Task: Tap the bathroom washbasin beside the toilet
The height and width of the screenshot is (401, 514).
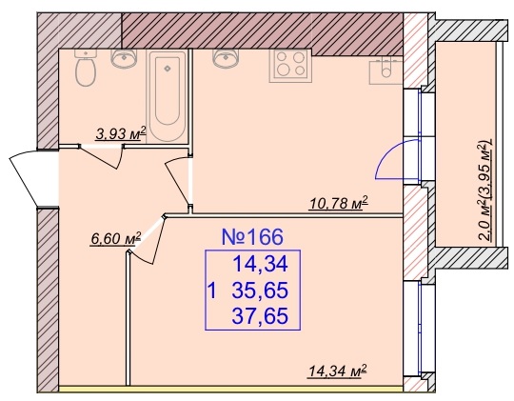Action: pyautogui.click(x=124, y=58)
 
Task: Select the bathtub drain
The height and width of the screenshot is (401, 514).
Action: pyautogui.click(x=168, y=69)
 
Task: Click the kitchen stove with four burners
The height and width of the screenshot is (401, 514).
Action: pyautogui.click(x=289, y=66)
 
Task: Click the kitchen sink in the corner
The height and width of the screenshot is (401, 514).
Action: pyautogui.click(x=385, y=70)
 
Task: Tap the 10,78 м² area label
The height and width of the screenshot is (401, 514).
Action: pyautogui.click(x=339, y=203)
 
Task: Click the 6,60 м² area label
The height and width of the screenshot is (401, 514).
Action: pyautogui.click(x=116, y=238)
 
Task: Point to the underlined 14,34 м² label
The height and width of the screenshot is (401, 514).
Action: pyautogui.click(x=337, y=371)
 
